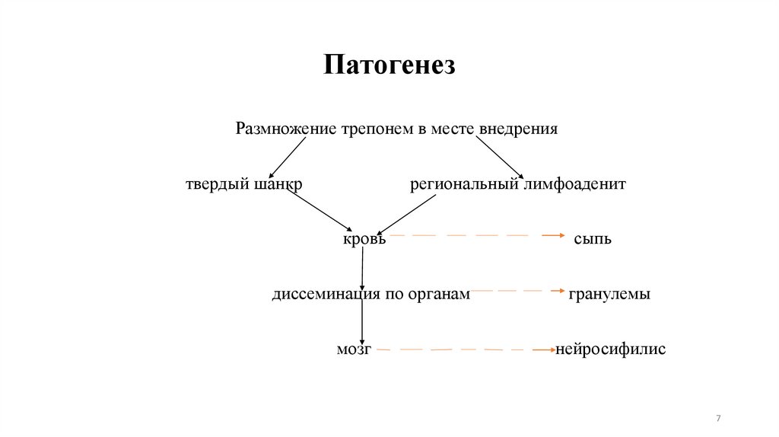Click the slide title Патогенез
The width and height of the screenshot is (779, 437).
[389, 64]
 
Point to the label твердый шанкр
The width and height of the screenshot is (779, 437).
[243, 185]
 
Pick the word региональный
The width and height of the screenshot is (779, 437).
[463, 185]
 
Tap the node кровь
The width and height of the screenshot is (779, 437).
[364, 239]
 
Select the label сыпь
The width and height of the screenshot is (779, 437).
[593, 239]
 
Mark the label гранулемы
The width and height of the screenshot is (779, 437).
[609, 294]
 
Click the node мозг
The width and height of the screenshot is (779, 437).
[354, 349]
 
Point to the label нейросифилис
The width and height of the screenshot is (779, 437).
[611, 349]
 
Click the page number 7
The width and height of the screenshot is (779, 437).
[718, 419]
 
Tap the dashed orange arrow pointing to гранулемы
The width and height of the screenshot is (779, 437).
[517, 291]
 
